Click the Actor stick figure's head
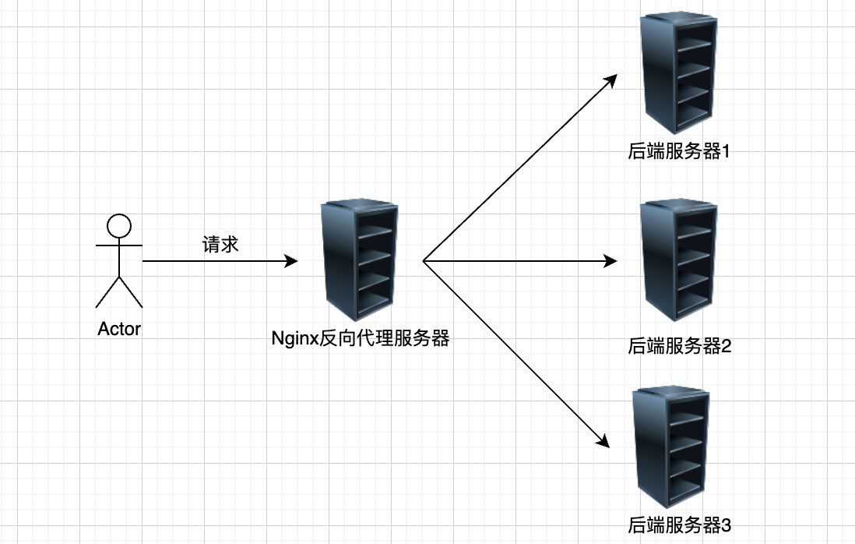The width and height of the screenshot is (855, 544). [x=119, y=226]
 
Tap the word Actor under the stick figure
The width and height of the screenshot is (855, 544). [x=119, y=329]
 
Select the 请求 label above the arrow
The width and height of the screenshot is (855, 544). [x=220, y=244]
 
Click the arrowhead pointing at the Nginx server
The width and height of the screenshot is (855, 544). [x=292, y=261]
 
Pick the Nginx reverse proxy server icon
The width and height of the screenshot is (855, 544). [x=359, y=260]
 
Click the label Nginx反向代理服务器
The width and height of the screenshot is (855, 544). [x=360, y=339]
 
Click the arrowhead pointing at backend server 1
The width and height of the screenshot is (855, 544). [x=611, y=80]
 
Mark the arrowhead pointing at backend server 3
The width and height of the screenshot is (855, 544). [x=602, y=441]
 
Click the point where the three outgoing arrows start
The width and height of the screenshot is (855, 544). [x=424, y=261]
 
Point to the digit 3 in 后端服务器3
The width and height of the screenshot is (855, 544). [x=727, y=525]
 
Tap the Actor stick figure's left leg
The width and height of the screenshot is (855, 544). [x=107, y=292]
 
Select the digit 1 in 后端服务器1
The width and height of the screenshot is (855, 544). [x=727, y=151]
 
